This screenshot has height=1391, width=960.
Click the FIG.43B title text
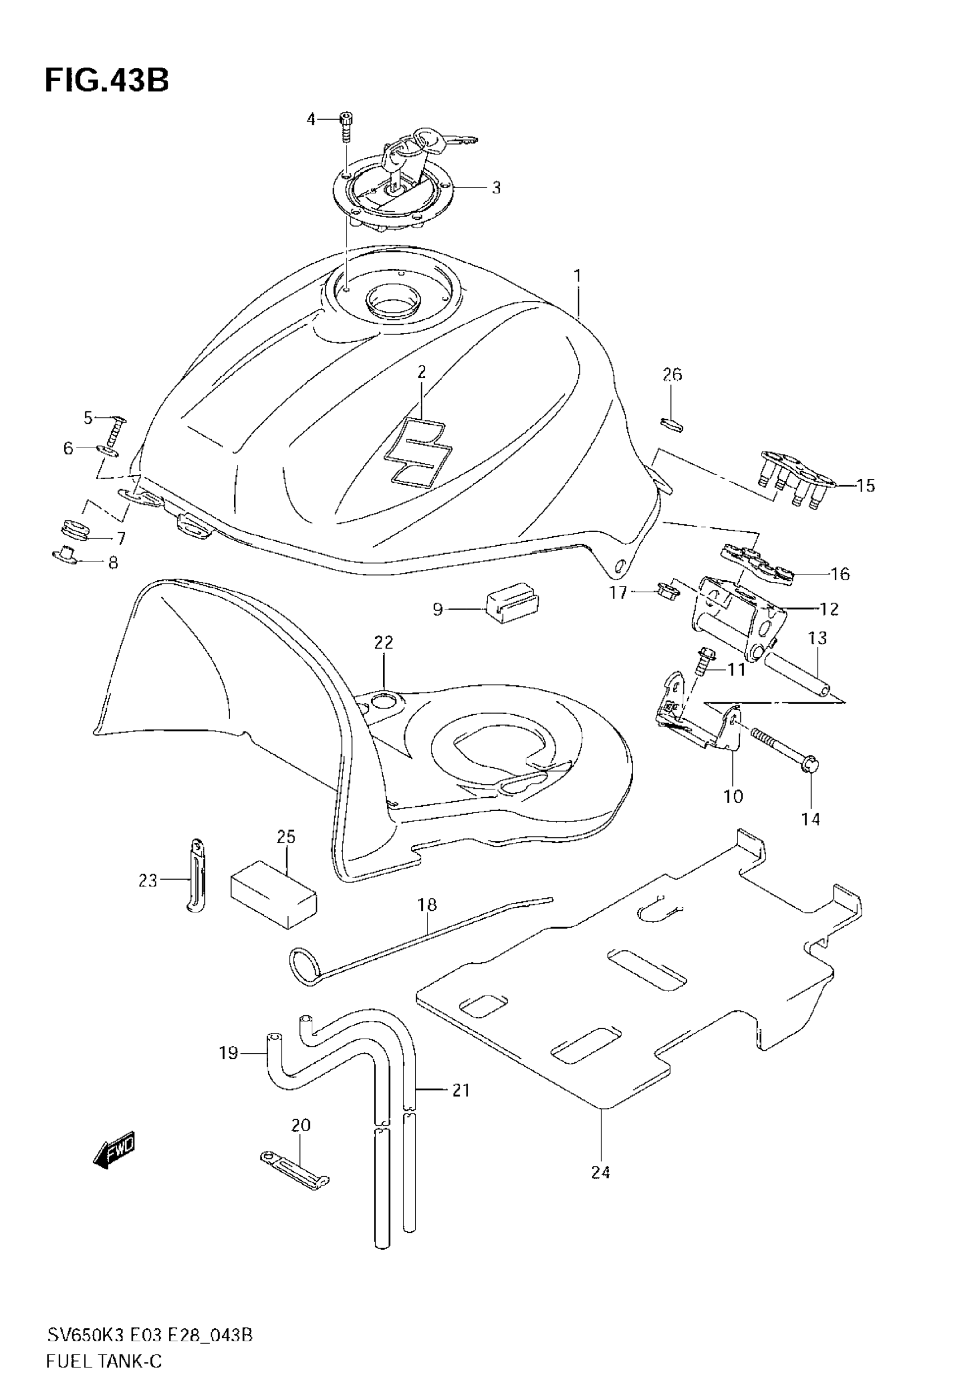(107, 80)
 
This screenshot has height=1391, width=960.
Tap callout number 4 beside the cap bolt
(311, 119)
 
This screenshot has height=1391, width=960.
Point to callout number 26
(672, 375)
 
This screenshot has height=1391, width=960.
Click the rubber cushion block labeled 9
(510, 604)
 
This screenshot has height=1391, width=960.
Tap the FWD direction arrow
(115, 1150)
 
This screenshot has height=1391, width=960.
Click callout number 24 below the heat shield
(600, 1171)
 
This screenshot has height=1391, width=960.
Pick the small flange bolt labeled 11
(704, 661)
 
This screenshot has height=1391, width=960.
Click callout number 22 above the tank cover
(383, 642)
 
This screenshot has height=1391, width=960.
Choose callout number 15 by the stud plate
(865, 485)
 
